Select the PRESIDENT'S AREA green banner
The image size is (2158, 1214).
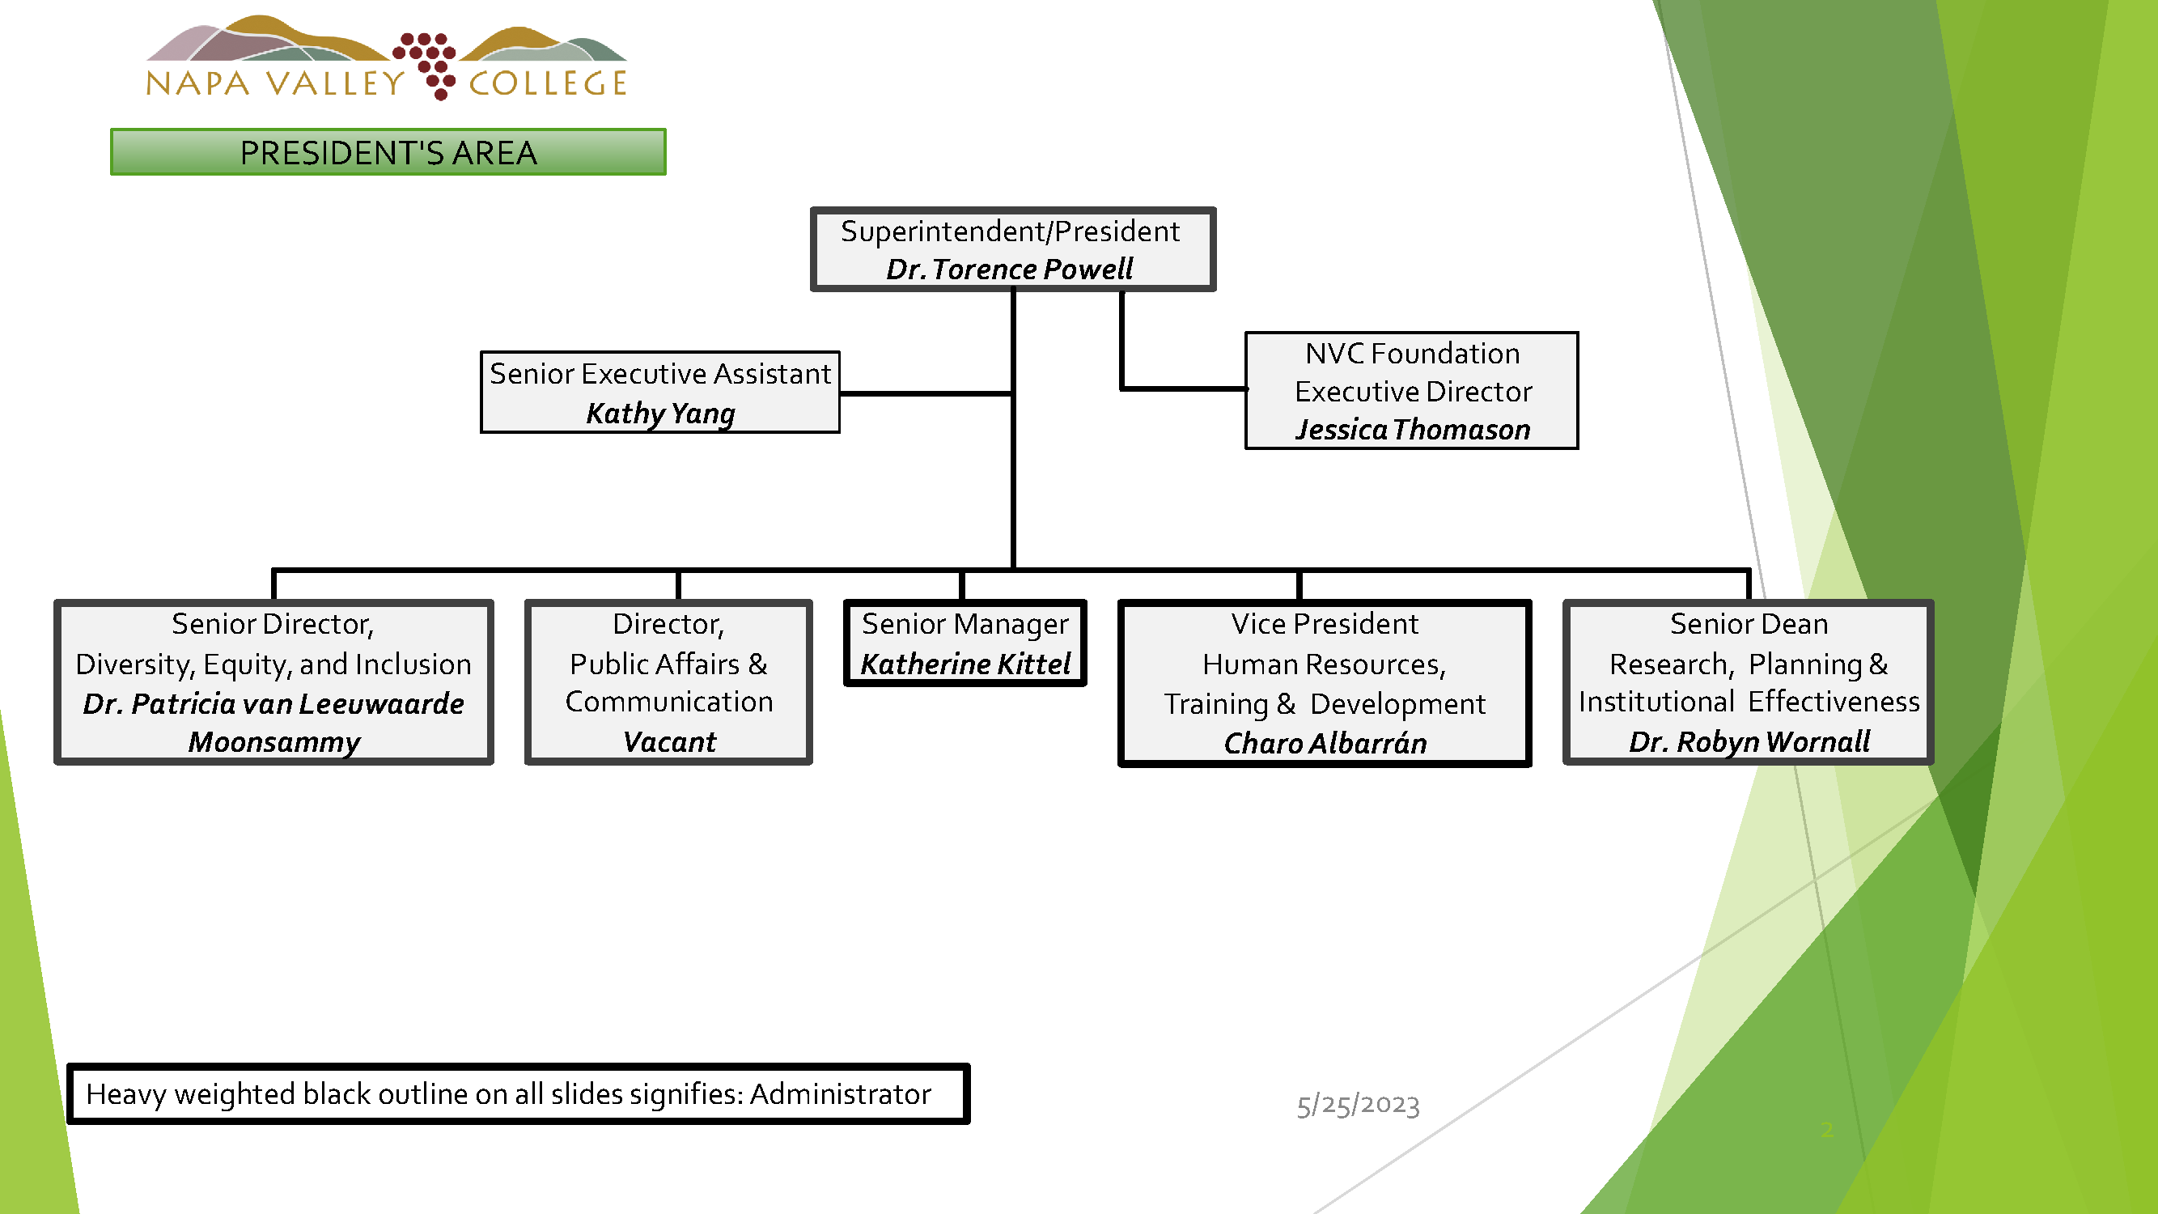[388, 152]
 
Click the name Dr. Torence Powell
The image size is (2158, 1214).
[1010, 269]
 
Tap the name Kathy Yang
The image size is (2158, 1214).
[660, 413]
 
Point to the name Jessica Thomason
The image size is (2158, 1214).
[1413, 430]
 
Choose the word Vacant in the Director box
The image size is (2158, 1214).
[669, 742]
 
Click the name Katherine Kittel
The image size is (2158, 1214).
[965, 664]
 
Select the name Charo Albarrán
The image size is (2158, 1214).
[1325, 743]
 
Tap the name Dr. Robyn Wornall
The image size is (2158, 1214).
[1749, 741]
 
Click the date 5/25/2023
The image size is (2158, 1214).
[1358, 1105]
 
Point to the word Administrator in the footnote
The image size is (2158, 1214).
[840, 1094]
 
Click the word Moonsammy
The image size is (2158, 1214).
[274, 742]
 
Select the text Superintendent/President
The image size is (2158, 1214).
[1010, 231]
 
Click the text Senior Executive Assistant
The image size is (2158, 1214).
[660, 374]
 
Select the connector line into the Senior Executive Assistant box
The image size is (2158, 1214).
[926, 393]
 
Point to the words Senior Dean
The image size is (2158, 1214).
[1749, 624]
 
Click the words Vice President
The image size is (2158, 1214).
[1325, 624]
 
